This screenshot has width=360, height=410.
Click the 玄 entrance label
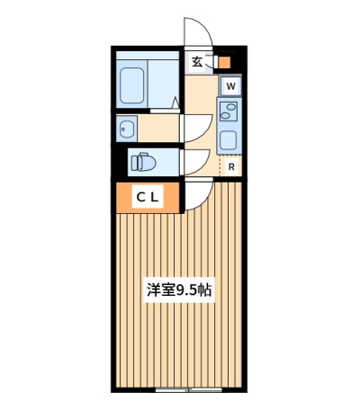coord(197,62)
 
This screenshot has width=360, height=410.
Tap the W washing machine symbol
coord(230,86)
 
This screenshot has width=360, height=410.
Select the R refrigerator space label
coord(231,167)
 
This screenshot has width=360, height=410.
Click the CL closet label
coord(148,197)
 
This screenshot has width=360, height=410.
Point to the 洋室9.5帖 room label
coord(179,290)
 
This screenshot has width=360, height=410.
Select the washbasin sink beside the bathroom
coord(127,129)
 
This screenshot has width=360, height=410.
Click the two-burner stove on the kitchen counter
coord(229,111)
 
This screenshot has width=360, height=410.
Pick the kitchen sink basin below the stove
coord(229,141)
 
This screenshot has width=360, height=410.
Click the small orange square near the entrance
coord(224,62)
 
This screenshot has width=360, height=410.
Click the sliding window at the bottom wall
coord(189,389)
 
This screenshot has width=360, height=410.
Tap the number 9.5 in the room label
coord(184,290)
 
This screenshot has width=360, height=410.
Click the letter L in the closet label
coord(154,197)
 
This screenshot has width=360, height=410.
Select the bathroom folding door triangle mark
coord(175,102)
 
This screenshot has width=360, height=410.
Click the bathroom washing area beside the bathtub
coord(163,84)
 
